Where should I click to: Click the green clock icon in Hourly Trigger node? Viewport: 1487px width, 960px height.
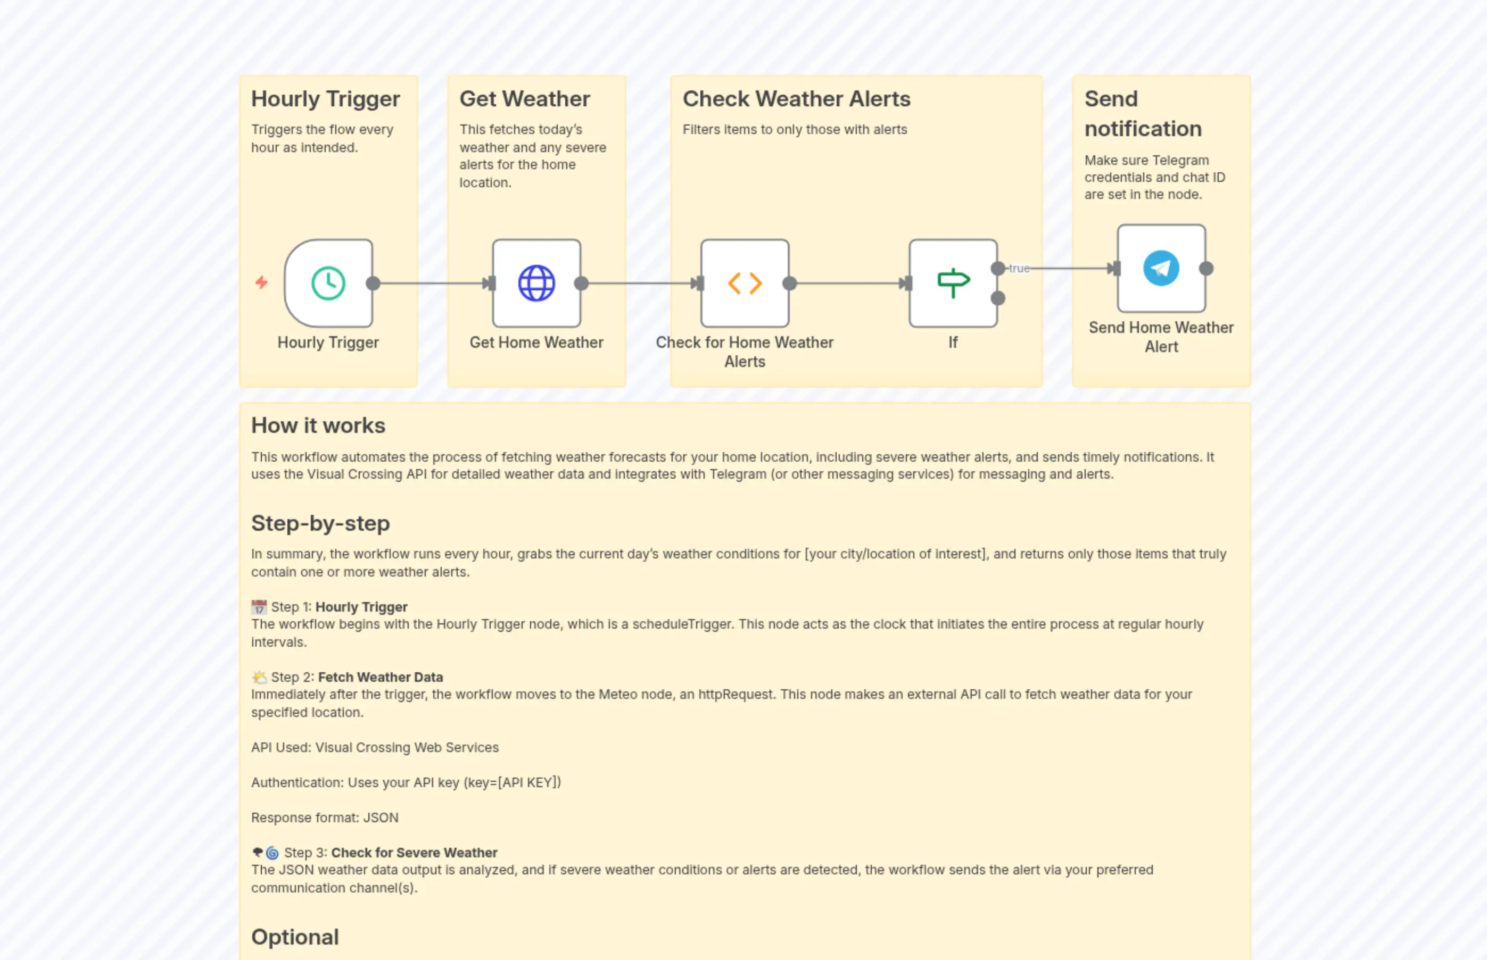[x=328, y=283]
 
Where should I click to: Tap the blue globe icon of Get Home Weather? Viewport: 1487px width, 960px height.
[x=536, y=283]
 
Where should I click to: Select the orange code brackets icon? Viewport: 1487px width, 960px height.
[x=745, y=283]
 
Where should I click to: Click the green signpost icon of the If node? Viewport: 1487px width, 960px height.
[x=953, y=283]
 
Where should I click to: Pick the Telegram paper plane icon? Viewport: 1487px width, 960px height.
[x=1161, y=269]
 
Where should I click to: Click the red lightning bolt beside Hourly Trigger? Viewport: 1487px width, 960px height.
[x=261, y=283]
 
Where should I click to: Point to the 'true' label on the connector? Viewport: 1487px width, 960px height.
[x=1019, y=269]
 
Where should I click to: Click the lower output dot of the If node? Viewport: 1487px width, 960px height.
[x=998, y=298]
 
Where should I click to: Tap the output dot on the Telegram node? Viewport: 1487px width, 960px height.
[x=1207, y=269]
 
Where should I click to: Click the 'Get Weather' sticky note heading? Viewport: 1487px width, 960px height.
[x=525, y=99]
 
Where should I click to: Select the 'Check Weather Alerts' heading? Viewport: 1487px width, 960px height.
[x=796, y=99]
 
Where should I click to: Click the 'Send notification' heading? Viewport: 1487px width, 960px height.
[x=1142, y=113]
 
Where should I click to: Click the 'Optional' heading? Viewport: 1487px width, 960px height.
[x=295, y=937]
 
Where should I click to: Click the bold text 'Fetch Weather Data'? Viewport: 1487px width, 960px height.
[x=381, y=678]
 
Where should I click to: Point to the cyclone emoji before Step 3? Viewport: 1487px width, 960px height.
[x=272, y=853]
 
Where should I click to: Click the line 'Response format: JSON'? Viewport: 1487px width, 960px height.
[x=324, y=818]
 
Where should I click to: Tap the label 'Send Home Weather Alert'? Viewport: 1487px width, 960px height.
[x=1161, y=337]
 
